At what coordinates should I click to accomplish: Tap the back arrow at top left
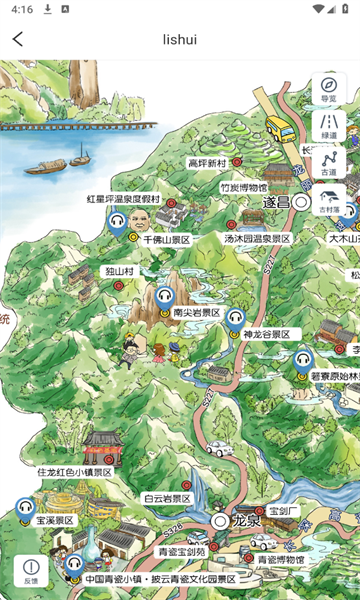18,39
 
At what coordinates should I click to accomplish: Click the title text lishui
180,39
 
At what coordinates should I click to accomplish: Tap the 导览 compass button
329,89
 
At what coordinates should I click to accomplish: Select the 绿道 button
329,126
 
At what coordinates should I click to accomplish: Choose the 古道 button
329,163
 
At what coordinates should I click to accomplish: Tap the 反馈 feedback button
31,571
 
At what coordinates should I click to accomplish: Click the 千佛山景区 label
166,240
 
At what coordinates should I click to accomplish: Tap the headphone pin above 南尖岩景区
165,297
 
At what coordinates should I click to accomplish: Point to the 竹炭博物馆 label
243,187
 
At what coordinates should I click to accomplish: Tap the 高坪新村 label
207,162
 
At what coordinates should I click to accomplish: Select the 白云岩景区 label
166,498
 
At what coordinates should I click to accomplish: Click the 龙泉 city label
246,521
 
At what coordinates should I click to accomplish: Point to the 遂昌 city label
275,202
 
